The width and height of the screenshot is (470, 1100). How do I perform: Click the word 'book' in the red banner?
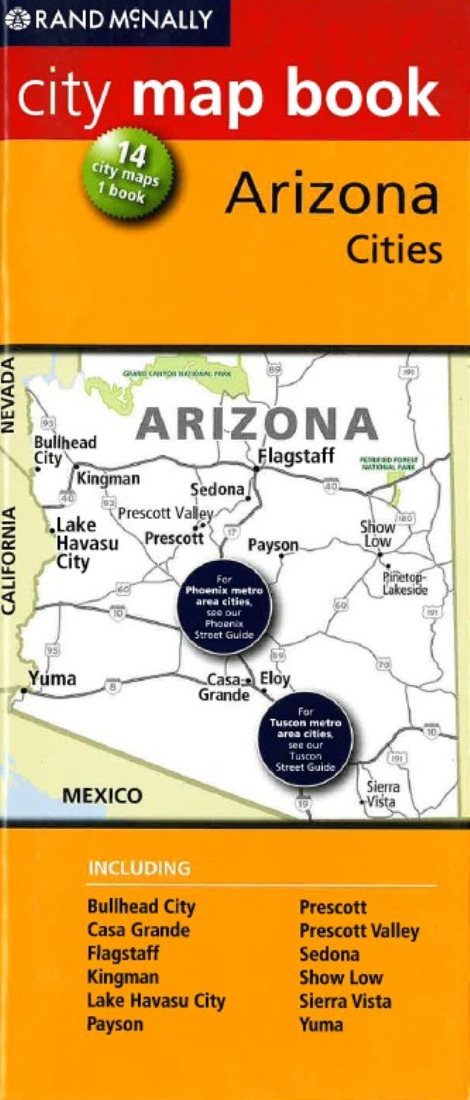point(375,94)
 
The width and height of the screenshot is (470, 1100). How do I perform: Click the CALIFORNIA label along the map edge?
point(10,560)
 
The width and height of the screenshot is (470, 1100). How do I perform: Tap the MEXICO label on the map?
point(102,796)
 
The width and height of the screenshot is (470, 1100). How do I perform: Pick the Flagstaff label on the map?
point(296,455)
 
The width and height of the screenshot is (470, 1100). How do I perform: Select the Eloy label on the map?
point(275,678)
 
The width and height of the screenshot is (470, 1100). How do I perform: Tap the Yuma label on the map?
point(52,678)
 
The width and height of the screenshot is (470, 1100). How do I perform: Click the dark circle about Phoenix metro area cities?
point(224,607)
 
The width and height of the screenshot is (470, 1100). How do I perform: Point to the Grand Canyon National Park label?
point(177,375)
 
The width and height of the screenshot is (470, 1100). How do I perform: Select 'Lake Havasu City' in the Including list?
point(156,1001)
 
